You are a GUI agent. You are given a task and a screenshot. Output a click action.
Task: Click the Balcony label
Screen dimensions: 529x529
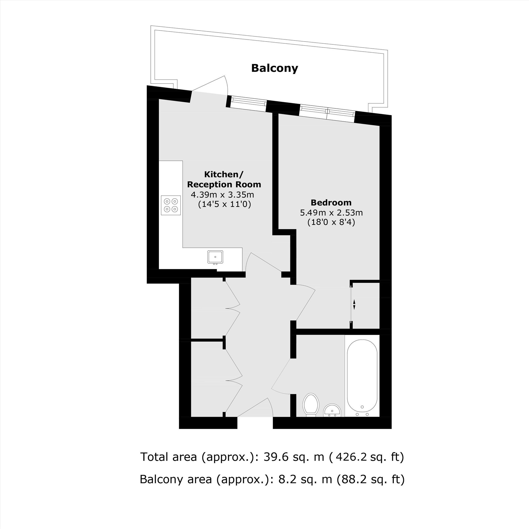(x=275, y=68)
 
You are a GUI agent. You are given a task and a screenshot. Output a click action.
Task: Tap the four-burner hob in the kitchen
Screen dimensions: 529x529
(x=171, y=205)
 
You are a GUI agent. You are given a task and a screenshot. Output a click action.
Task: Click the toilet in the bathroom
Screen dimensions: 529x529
(x=311, y=405)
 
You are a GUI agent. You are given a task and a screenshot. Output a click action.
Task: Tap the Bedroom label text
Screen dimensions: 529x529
(x=331, y=203)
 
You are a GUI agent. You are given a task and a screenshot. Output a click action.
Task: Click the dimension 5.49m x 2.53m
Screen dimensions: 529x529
(x=332, y=212)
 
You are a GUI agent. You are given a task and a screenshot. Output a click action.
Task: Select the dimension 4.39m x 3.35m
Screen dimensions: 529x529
(x=222, y=195)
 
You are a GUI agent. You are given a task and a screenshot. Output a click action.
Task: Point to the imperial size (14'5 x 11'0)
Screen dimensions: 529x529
(x=225, y=204)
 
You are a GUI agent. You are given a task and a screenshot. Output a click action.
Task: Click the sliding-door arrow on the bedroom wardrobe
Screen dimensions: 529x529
(x=354, y=304)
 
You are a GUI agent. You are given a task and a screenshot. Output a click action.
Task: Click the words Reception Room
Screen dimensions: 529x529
(x=224, y=185)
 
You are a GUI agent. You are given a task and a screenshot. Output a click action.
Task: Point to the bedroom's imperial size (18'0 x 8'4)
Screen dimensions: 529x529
(x=331, y=222)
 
